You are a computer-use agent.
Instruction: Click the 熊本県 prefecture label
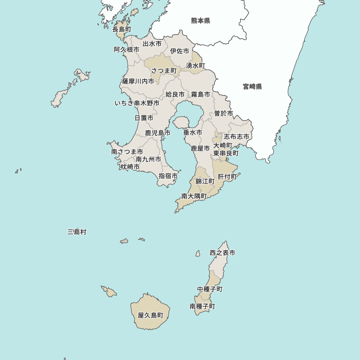click(201, 21)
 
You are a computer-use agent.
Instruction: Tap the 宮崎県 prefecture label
click(252, 86)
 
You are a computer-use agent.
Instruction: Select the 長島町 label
click(122, 29)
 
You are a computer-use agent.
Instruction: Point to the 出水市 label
click(152, 44)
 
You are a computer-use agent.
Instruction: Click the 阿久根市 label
click(126, 50)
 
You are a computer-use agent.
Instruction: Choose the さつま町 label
click(164, 71)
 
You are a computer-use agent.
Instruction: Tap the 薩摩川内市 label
click(138, 81)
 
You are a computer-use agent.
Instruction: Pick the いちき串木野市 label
click(137, 103)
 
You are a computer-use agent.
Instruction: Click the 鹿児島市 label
click(158, 133)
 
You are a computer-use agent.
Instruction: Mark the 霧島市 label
click(201, 94)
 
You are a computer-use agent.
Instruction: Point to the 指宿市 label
click(168, 176)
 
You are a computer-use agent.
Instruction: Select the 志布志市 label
click(237, 137)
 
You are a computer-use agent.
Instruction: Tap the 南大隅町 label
click(194, 196)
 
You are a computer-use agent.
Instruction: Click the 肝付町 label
click(227, 177)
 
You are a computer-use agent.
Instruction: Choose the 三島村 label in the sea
click(77, 232)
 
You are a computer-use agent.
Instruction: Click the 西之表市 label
click(222, 253)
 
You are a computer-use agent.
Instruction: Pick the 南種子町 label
click(202, 306)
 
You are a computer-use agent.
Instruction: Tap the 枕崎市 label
click(130, 167)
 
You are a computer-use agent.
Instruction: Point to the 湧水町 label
click(195, 66)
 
